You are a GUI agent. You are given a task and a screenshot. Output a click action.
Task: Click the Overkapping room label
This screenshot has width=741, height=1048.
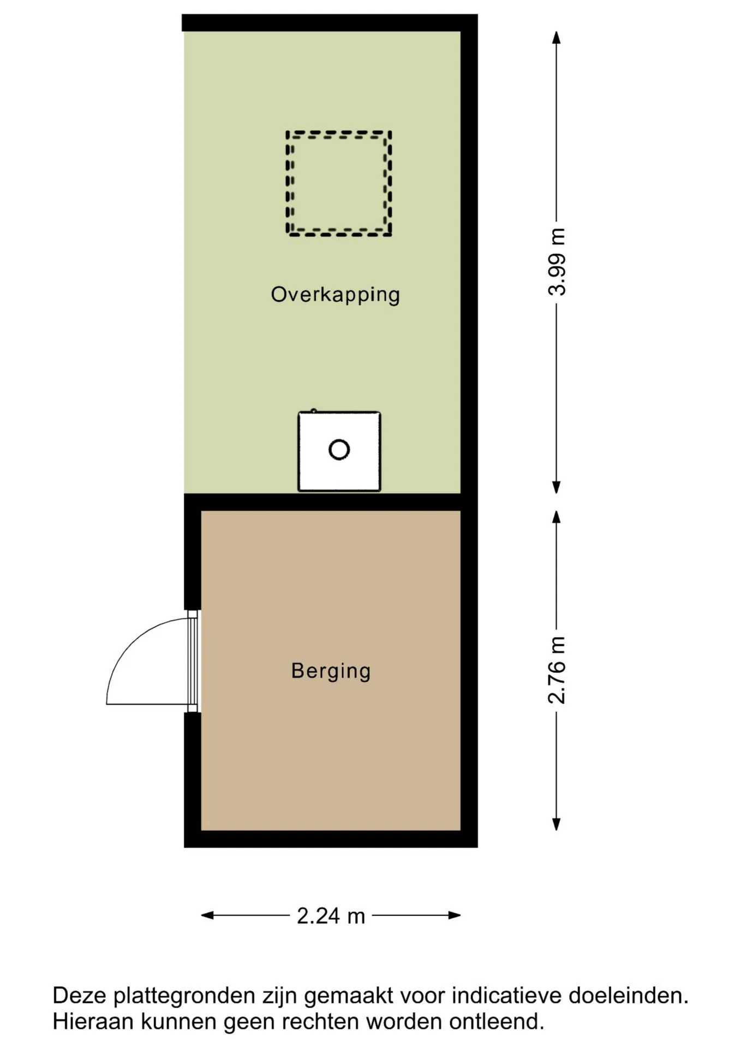[x=335, y=295]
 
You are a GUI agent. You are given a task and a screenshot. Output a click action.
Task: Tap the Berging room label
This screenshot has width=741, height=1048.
[x=331, y=671]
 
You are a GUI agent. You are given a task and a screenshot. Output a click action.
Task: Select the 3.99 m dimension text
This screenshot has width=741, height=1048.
[x=557, y=262]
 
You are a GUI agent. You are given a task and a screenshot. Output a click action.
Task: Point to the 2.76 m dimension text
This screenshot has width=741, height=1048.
[x=557, y=670]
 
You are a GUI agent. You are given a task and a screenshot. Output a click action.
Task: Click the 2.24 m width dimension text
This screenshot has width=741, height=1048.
[x=331, y=915]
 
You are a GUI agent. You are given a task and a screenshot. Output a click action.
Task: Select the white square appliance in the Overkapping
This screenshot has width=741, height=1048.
[x=339, y=451]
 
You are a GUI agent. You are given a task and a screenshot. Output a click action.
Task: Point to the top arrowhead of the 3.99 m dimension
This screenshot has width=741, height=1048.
[x=557, y=37]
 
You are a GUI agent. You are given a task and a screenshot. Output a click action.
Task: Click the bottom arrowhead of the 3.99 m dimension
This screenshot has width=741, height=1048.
[x=557, y=487]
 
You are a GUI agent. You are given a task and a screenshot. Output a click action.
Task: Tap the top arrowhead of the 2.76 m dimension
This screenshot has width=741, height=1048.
[x=557, y=517]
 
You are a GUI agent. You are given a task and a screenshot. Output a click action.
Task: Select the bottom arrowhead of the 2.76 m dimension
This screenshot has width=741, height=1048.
[x=557, y=824]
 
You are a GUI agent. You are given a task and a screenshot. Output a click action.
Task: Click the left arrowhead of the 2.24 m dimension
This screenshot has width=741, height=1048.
[x=207, y=915]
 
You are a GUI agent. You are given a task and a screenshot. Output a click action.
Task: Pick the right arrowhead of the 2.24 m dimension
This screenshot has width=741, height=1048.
[x=455, y=915]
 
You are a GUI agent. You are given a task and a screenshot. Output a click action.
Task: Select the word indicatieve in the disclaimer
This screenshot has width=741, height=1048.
[x=507, y=996]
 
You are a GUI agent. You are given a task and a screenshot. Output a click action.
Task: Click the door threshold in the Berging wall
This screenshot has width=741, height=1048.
[x=193, y=661]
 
